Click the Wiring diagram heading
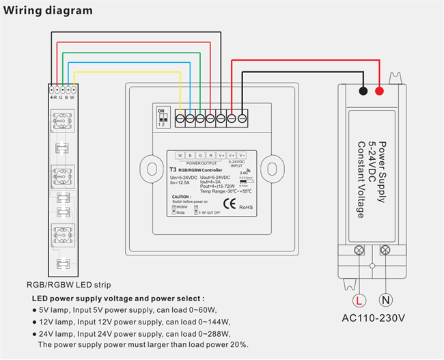(x=48, y=12)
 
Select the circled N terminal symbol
(x=386, y=299)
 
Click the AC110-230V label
(x=373, y=318)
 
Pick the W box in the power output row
(x=180, y=155)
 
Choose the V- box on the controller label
(x=242, y=155)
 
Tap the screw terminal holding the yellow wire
(x=180, y=118)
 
